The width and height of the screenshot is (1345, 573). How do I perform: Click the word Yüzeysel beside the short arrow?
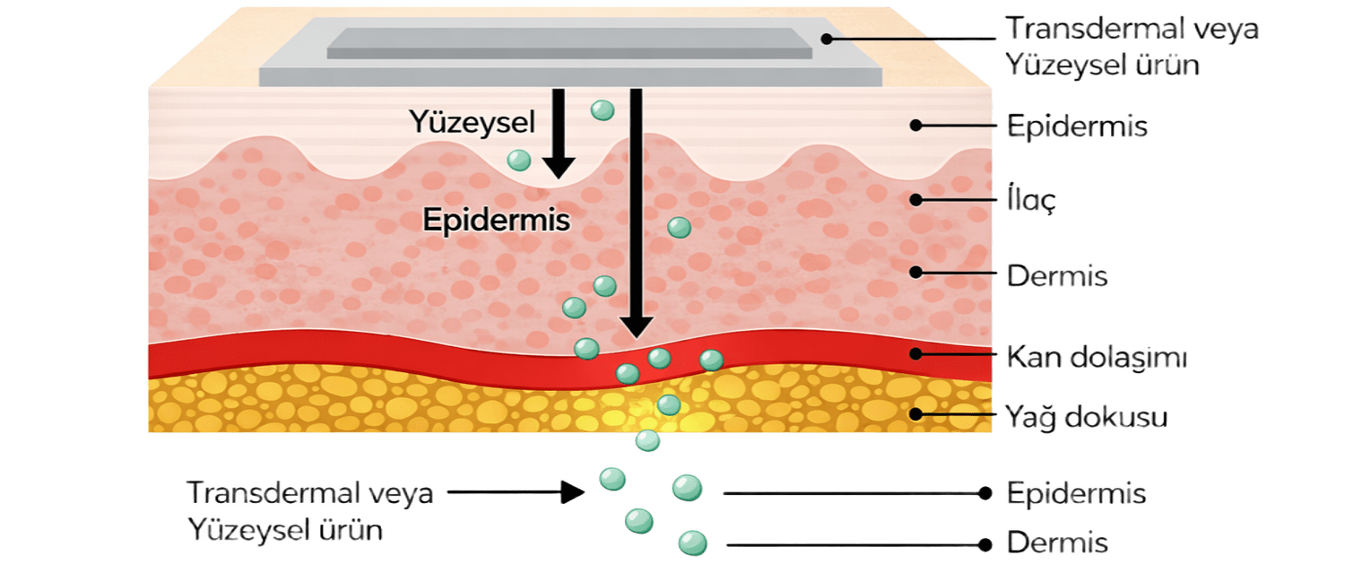click(459, 120)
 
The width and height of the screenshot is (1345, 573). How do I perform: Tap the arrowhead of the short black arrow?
click(559, 166)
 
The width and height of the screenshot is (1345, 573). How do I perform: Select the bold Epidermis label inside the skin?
click(496, 221)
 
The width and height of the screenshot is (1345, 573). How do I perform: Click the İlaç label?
click(1031, 201)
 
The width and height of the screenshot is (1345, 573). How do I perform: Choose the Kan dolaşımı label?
click(1097, 358)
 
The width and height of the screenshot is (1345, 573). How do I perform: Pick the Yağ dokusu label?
click(1086, 416)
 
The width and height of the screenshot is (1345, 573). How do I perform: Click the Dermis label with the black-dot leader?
click(1057, 276)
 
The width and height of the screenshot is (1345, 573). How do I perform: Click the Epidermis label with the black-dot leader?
click(1076, 127)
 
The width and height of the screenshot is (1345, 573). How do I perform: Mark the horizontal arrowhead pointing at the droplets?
click(574, 491)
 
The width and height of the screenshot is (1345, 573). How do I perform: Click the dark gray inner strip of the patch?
click(569, 42)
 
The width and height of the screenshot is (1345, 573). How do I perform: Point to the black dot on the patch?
click(829, 38)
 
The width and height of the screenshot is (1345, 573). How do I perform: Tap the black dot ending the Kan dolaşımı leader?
click(915, 353)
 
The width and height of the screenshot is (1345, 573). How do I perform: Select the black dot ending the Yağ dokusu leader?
click(915, 413)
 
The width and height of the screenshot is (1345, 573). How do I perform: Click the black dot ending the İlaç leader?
click(915, 198)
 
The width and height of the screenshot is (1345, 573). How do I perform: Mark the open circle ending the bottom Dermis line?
click(986, 544)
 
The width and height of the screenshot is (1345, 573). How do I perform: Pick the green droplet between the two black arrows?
click(602, 110)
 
